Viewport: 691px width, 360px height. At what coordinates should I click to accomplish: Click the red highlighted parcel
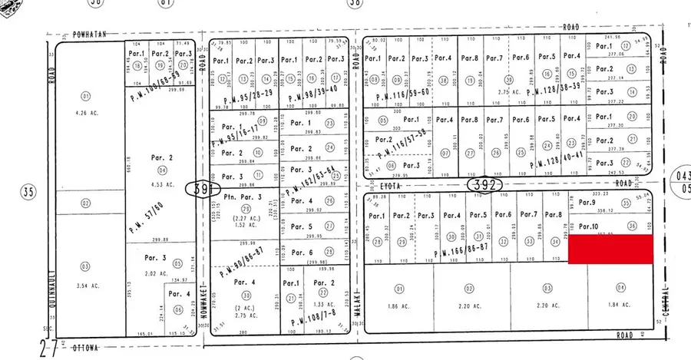pos(610,250)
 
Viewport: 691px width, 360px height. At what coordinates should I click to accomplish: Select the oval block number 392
pos(485,184)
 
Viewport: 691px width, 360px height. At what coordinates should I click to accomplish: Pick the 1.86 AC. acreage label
pos(398,306)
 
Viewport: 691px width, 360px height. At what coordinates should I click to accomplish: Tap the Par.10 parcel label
pos(588,226)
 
